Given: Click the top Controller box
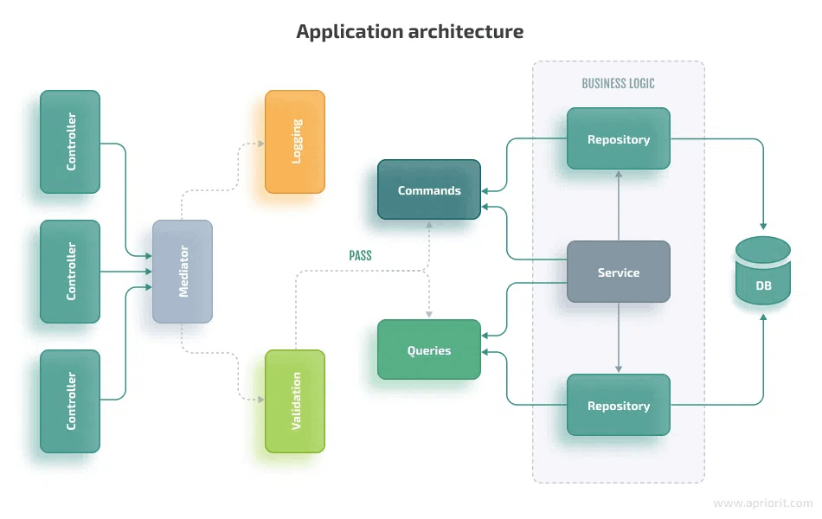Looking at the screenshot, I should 70,142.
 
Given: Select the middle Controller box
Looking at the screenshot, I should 70,272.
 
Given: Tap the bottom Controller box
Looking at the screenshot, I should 70,401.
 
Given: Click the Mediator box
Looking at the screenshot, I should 183,272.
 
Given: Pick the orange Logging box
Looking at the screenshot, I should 295,142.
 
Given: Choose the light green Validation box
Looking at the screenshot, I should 295,401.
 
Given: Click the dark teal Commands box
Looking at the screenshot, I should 429,190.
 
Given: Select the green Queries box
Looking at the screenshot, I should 429,350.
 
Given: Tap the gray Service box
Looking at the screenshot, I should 619,272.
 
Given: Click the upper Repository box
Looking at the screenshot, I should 619,138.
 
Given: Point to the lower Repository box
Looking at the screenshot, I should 619,405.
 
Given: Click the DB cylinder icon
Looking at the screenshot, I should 762,272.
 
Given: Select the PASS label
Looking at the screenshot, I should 360,255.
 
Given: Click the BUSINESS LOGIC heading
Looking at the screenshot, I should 618,84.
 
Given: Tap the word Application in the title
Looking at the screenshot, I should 343,32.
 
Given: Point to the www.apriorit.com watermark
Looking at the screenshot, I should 762,503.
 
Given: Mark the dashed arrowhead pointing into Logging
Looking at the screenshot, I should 260,143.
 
